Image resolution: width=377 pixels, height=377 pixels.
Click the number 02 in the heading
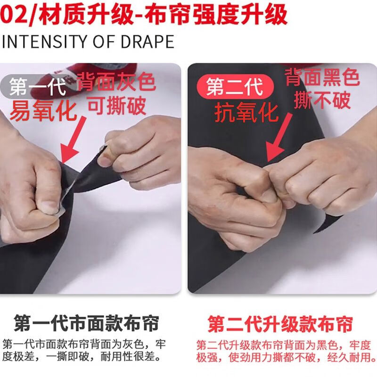(13, 14)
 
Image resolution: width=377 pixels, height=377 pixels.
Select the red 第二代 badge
(235, 87)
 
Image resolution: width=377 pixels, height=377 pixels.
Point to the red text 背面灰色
(116, 82)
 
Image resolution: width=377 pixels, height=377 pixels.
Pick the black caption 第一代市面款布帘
(86, 324)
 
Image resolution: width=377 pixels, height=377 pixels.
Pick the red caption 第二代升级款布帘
(280, 324)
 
